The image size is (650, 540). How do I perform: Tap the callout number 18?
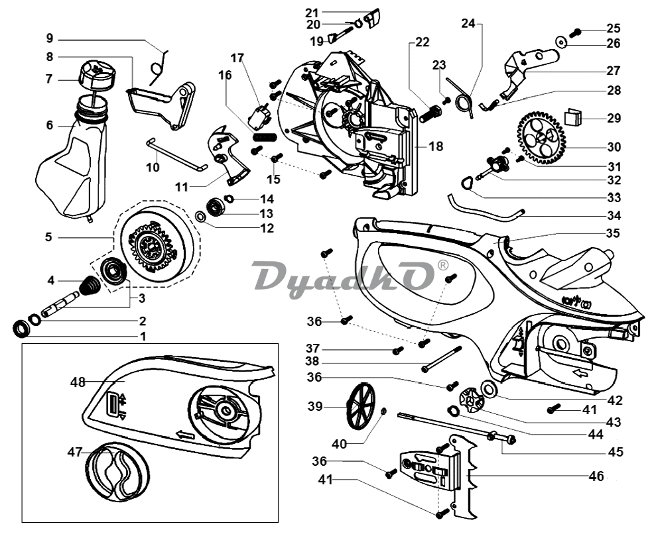click(436, 146)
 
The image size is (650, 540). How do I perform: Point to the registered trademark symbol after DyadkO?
click(443, 265)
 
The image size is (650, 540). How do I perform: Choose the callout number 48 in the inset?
click(78, 382)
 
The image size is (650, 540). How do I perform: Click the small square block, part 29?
click(574, 117)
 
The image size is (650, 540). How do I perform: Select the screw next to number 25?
click(576, 30)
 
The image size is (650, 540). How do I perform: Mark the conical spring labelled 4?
click(89, 287)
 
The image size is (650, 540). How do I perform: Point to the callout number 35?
click(613, 233)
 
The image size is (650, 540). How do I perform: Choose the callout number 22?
click(423, 42)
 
